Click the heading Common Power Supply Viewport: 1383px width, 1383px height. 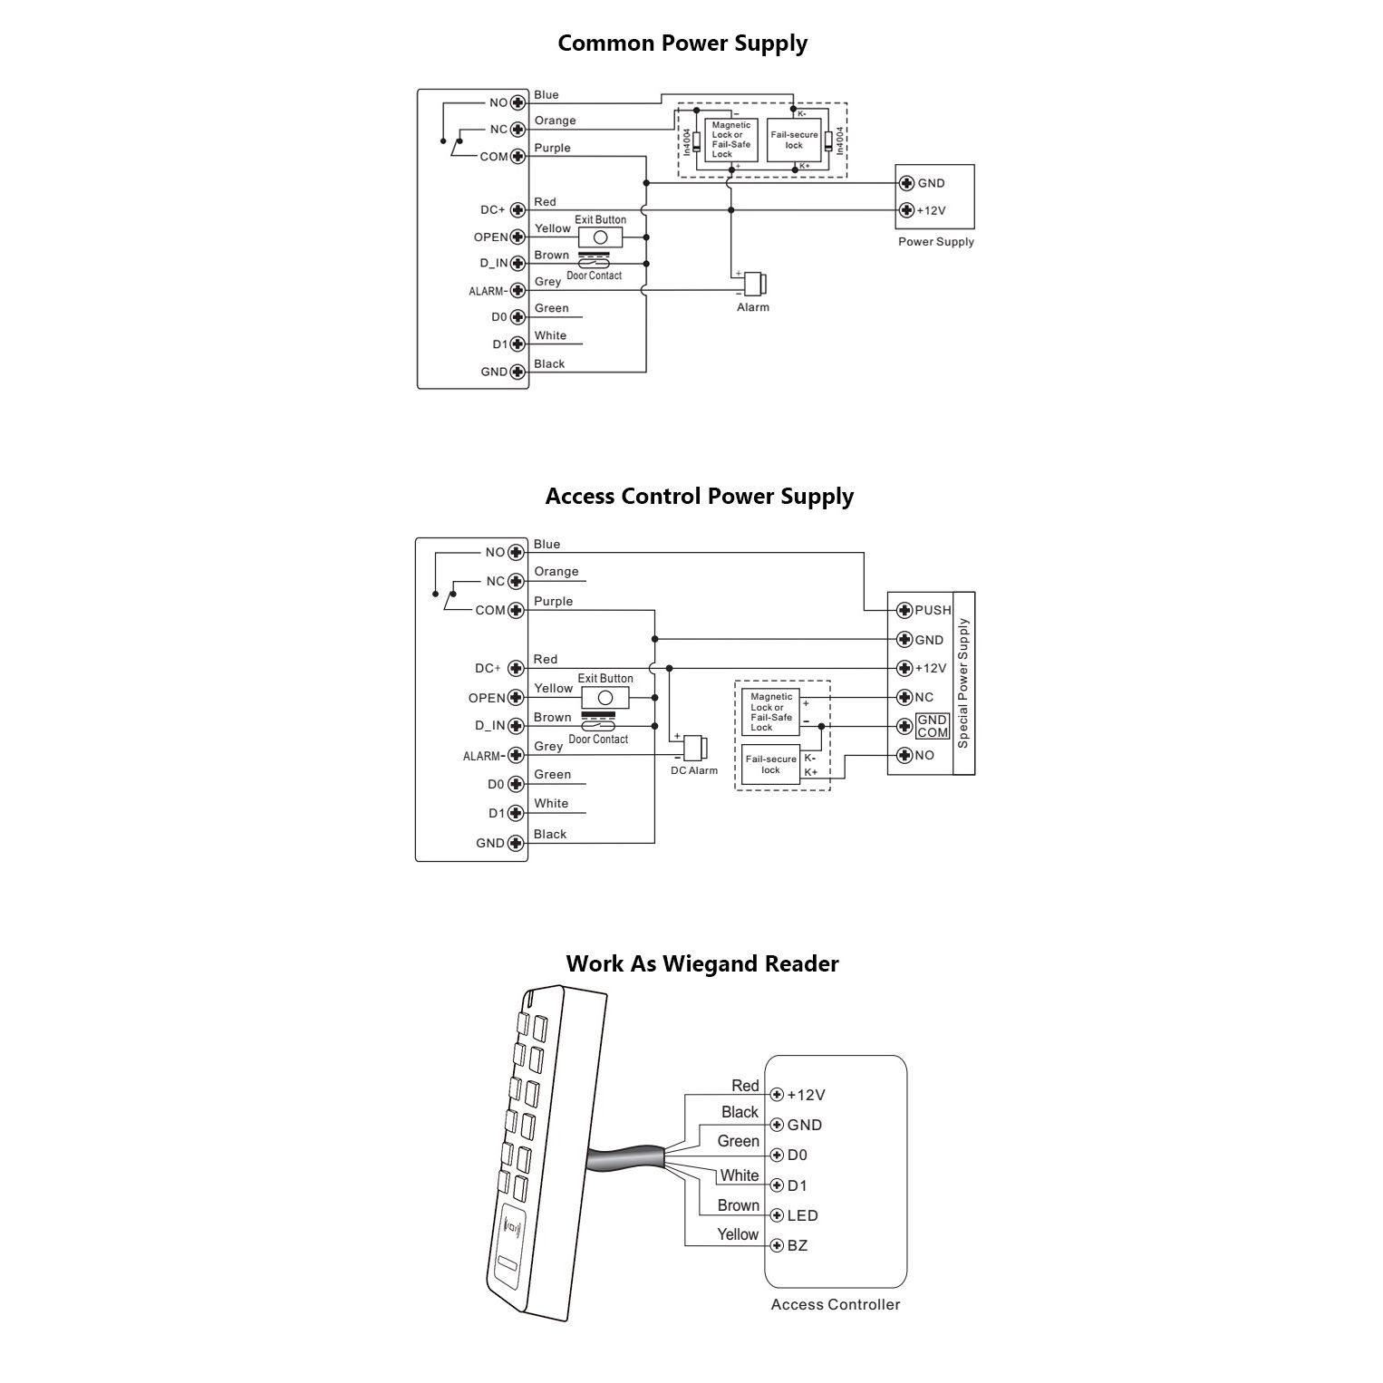coord(682,44)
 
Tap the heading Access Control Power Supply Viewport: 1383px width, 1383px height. coord(699,497)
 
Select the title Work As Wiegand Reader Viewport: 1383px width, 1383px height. coord(701,963)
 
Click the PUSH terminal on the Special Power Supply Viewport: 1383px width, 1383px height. coord(904,610)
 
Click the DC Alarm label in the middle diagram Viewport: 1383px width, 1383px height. coord(693,771)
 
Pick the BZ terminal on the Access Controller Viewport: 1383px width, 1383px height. coord(777,1246)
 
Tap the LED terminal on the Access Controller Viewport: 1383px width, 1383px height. coord(777,1216)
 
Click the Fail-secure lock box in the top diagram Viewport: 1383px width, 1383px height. coord(794,140)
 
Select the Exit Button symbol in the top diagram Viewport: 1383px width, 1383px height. coord(599,237)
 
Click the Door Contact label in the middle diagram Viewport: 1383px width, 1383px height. coord(598,740)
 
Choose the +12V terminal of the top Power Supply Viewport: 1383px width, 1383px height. coord(906,210)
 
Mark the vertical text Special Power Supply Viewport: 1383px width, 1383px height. coord(963,683)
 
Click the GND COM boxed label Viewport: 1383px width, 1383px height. coord(933,726)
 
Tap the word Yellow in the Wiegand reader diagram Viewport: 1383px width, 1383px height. coord(737,1234)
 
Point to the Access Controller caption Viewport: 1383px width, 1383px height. coord(835,1305)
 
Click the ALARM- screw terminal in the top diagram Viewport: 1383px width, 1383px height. coord(517,291)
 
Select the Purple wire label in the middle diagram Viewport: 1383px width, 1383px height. coord(553,602)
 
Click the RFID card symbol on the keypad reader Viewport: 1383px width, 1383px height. coord(513,1230)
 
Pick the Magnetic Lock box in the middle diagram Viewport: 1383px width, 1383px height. coord(770,712)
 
